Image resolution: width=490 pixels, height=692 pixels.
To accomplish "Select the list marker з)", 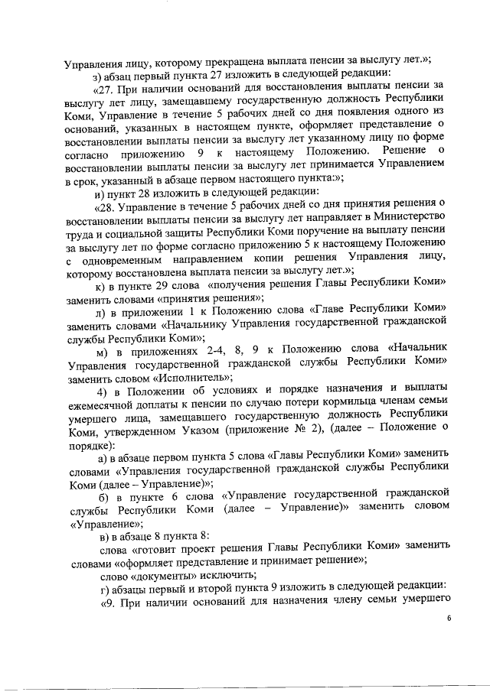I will click(96, 73).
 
